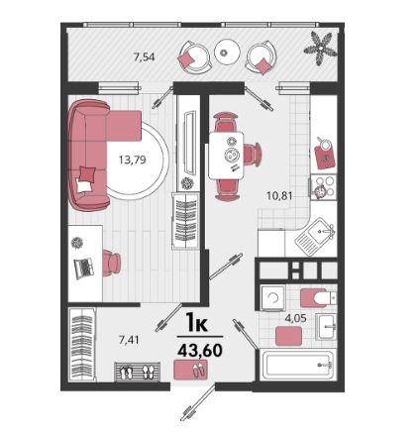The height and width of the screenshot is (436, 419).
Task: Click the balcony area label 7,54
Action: click(x=144, y=57)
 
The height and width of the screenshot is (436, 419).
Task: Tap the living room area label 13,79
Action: click(x=133, y=161)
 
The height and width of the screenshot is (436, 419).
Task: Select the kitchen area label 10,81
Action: click(x=279, y=196)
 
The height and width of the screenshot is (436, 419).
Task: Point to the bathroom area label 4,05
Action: click(x=296, y=318)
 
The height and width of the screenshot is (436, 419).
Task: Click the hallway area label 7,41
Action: click(x=129, y=340)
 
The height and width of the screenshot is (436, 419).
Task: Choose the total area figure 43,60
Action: click(x=200, y=350)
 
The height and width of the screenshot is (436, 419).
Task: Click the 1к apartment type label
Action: click(x=197, y=323)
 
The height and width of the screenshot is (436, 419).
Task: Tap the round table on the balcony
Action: click(x=226, y=52)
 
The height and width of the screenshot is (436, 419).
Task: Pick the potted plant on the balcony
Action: click(x=320, y=49)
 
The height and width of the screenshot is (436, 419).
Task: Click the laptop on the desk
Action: click(x=83, y=268)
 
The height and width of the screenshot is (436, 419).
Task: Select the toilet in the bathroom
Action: click(x=318, y=298)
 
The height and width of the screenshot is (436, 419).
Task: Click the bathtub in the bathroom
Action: click(x=298, y=365)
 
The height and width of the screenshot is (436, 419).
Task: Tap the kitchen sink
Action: click(x=315, y=236)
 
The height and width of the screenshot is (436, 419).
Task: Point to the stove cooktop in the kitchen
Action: click(x=323, y=187)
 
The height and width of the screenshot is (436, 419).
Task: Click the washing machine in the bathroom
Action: click(x=273, y=298)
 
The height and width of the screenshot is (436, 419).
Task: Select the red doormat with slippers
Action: click(x=191, y=370)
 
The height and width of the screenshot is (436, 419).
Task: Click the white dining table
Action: click(x=227, y=156)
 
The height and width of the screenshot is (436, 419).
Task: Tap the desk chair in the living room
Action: click(x=111, y=263)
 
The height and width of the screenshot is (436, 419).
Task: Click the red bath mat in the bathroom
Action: click(x=288, y=336)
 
